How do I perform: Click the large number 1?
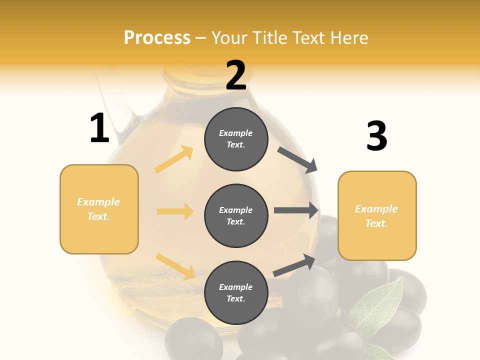99,128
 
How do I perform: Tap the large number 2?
235,75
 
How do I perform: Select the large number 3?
376,136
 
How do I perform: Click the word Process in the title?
157,37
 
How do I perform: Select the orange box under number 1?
99,209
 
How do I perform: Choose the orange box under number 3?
377,215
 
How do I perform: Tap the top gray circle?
236,139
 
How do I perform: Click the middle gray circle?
236,215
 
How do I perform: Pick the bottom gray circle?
236,292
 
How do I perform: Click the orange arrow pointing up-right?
174,159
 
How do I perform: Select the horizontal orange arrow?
175,211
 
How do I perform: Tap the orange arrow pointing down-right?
175,266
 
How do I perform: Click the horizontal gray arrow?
296,210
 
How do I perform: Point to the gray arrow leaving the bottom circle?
294,264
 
